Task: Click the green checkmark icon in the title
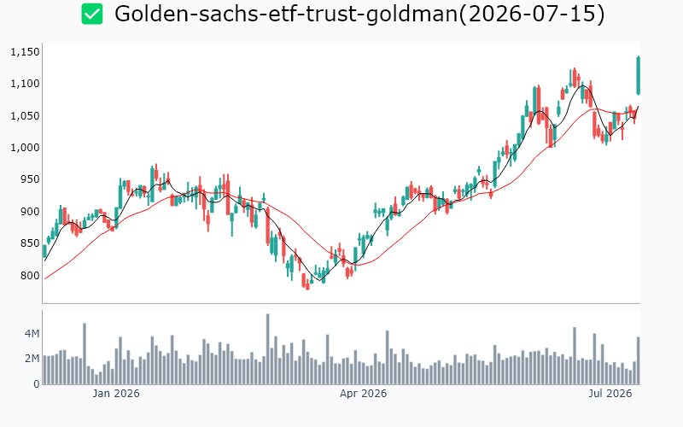[92, 14]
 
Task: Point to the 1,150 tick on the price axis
[25, 52]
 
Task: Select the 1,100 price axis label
[25, 84]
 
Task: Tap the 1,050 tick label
[25, 116]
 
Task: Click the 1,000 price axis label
[25, 148]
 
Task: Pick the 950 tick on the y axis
[31, 179]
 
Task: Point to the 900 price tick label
[31, 212]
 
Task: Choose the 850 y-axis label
[31, 243]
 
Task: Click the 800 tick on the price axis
[31, 275]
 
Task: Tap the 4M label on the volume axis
[32, 334]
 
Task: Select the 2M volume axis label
[32, 359]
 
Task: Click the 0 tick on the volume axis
[37, 383]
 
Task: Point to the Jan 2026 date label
[116, 394]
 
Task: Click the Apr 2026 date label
[364, 394]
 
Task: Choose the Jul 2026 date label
[610, 394]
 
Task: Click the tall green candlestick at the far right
[638, 75]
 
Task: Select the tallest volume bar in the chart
[267, 349]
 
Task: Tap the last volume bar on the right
[638, 360]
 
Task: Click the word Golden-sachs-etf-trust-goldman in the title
[286, 14]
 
